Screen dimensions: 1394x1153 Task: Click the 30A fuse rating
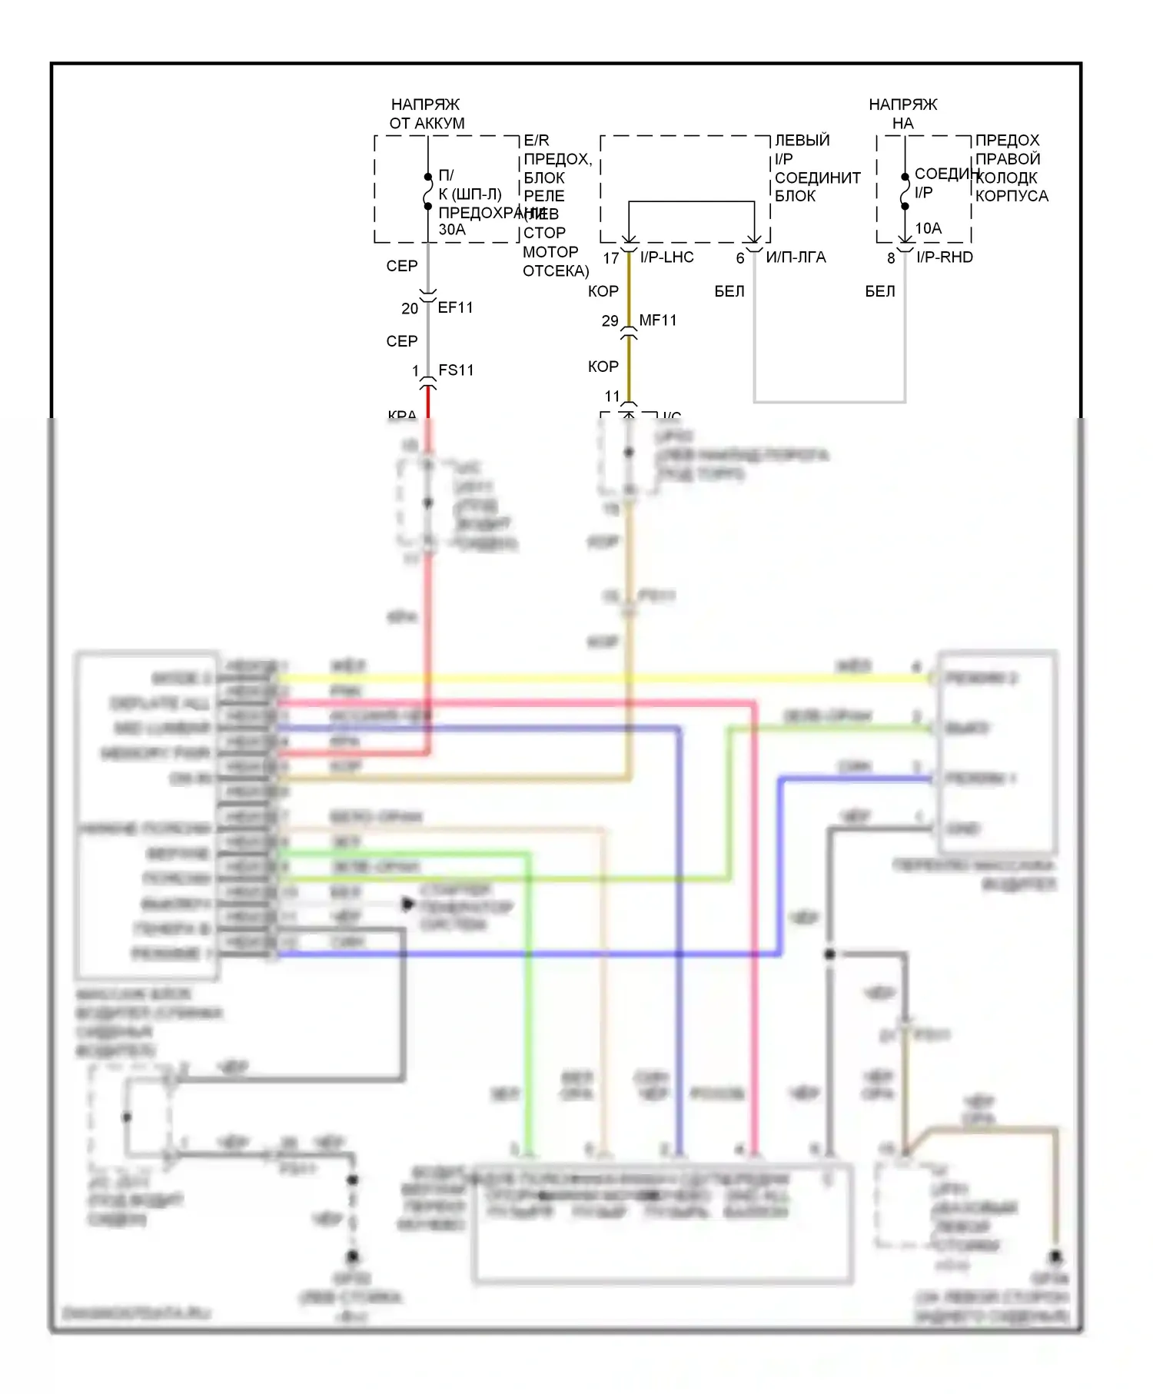(452, 230)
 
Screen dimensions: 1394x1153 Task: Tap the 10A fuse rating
(928, 228)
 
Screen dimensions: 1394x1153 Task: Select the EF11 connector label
(456, 307)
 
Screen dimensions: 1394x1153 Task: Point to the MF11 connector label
(658, 320)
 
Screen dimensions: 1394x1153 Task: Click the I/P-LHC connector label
(666, 257)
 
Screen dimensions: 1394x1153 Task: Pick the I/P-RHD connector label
(945, 257)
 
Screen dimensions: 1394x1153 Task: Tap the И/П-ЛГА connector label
(796, 257)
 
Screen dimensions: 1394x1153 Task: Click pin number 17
(611, 258)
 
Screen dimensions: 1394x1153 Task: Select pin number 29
(610, 320)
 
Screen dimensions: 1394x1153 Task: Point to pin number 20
(410, 308)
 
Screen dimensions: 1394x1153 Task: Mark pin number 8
(891, 258)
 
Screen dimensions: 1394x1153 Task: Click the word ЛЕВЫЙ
(802, 140)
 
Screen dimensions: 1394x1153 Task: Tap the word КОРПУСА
(1012, 196)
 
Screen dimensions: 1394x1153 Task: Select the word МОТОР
(550, 251)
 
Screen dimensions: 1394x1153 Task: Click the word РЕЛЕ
(544, 196)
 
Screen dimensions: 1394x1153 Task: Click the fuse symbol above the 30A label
(428, 191)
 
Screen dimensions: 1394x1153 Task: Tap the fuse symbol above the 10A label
(905, 191)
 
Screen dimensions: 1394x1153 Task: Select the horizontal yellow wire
(600, 679)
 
